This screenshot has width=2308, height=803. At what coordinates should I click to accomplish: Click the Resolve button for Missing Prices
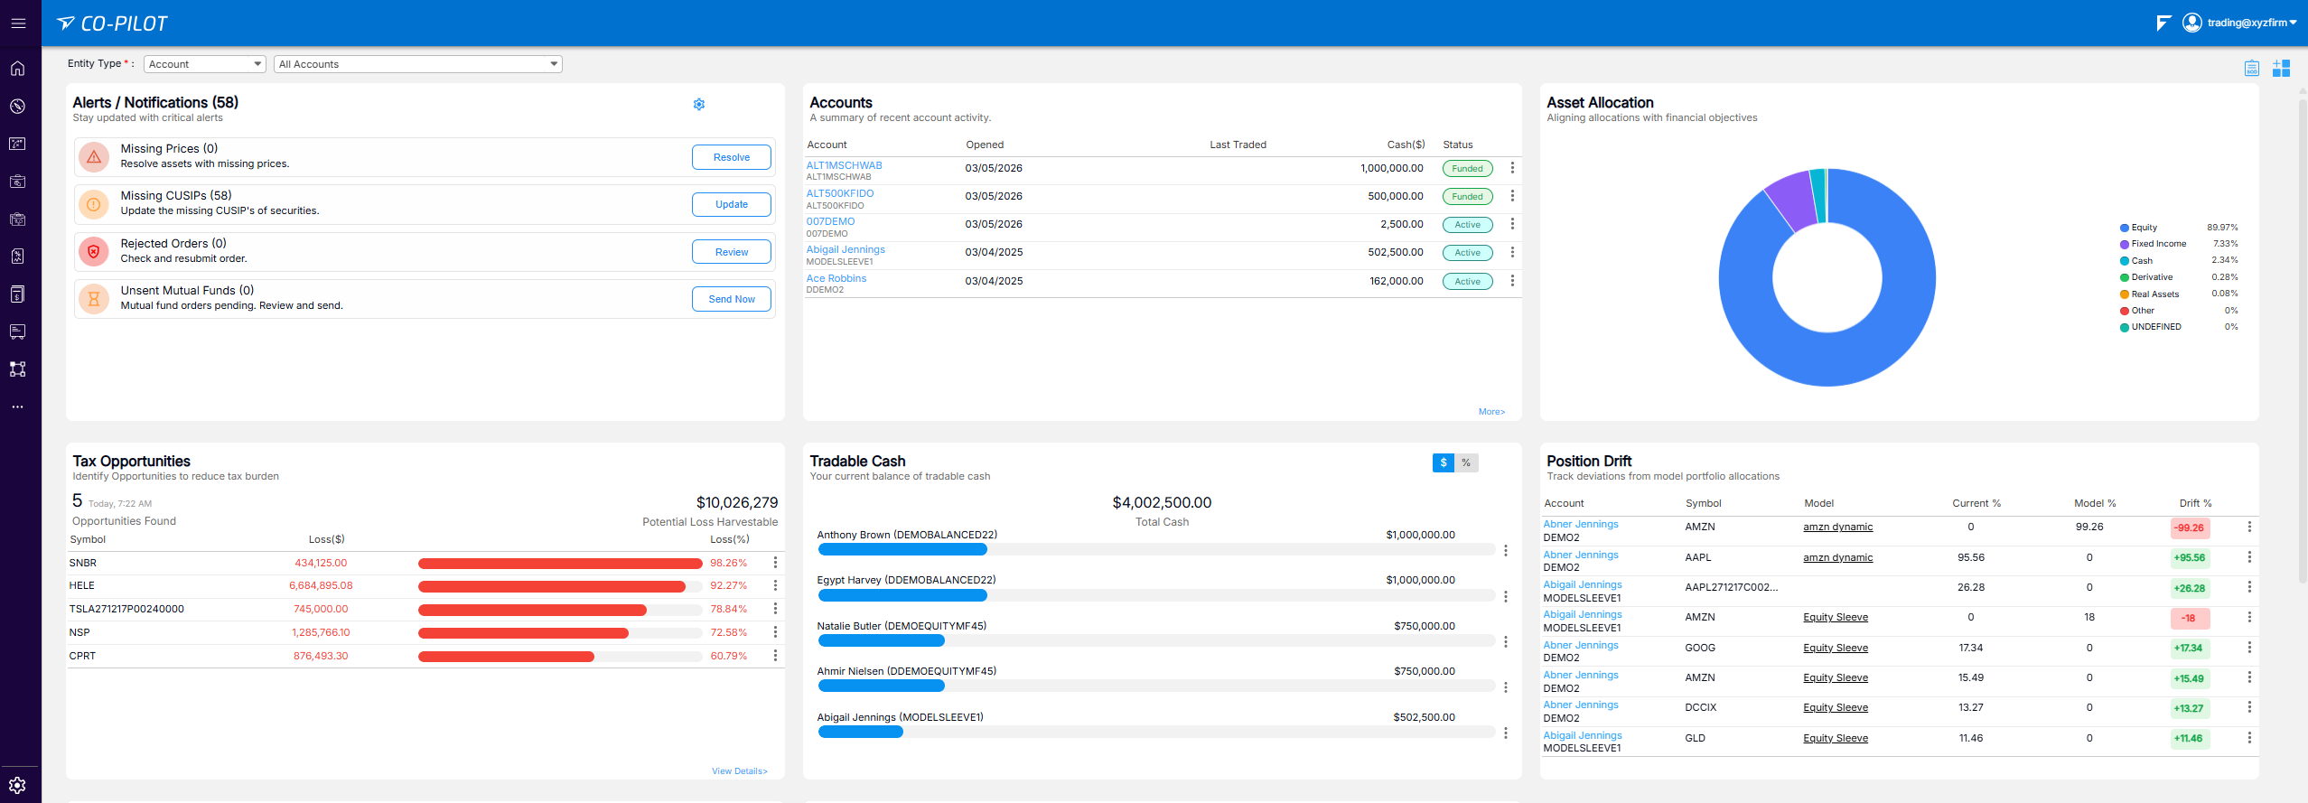pos(732,157)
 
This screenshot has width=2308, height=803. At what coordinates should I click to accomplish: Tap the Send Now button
pos(732,299)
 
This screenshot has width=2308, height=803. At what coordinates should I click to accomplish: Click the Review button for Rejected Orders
pos(732,252)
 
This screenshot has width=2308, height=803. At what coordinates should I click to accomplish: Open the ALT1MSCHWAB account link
pos(844,165)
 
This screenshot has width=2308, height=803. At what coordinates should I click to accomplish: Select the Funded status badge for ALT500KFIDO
pos(1467,196)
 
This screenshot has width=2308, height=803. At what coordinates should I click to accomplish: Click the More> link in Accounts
pos(1491,412)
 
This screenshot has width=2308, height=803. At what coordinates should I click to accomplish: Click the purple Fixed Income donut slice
pos(1790,201)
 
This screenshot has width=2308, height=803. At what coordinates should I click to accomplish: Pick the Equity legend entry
pos(2143,228)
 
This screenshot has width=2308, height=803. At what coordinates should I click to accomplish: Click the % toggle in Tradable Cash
pos(1466,462)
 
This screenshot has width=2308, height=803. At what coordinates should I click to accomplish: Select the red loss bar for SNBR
pos(560,564)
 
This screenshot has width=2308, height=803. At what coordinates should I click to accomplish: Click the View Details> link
pos(739,771)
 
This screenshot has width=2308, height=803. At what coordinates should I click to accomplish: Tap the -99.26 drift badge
pos(2190,528)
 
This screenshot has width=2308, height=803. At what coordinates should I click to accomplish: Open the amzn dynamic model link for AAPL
pos(1837,557)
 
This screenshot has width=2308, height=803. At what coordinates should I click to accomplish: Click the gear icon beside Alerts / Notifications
pos(699,104)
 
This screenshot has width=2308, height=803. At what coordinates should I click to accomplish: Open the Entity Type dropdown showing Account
pos(205,64)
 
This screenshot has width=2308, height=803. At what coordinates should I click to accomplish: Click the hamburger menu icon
pos(18,23)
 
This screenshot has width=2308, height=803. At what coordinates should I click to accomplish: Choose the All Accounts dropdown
pos(418,64)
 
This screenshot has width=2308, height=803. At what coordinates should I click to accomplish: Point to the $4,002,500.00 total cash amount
pos(1162,502)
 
